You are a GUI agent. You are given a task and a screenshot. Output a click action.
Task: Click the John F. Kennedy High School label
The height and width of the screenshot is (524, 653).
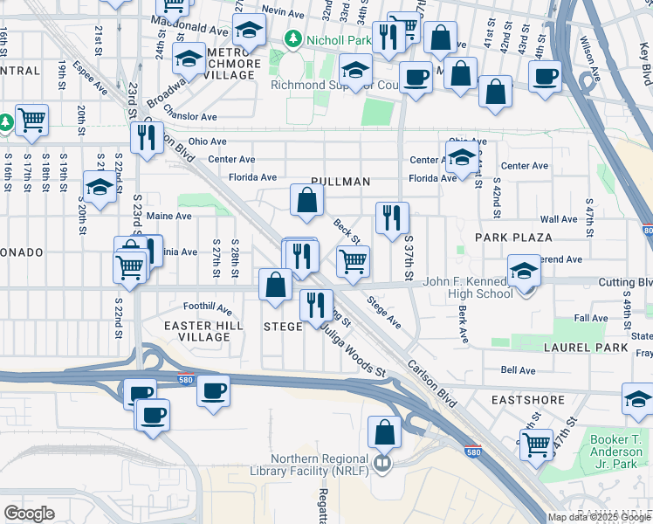[x=468, y=288]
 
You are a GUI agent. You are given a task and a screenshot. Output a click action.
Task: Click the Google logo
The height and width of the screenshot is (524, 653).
[x=30, y=514]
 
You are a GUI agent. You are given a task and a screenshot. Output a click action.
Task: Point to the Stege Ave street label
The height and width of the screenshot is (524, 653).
[x=384, y=313]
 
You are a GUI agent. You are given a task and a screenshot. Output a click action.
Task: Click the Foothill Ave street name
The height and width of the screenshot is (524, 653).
[x=208, y=307]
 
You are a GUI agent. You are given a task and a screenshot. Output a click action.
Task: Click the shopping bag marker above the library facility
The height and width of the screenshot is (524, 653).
[x=384, y=432]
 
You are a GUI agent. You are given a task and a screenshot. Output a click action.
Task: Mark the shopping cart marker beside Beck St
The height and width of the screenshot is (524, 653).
[x=353, y=260]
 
